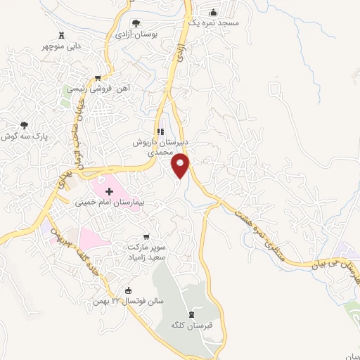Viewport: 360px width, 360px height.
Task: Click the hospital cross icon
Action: [x=109, y=191]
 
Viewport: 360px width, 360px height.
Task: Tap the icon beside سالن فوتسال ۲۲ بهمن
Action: [x=127, y=290]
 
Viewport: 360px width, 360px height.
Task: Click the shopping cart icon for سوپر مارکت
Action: [x=146, y=237]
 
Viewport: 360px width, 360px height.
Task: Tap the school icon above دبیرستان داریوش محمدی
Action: [x=160, y=131]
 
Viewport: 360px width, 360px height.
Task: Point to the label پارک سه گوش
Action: [x=18, y=136]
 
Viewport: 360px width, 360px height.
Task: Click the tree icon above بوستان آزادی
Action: [x=136, y=23]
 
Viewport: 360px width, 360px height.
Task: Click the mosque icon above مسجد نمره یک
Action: [x=214, y=13]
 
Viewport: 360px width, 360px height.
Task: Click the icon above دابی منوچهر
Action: [x=62, y=36]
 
